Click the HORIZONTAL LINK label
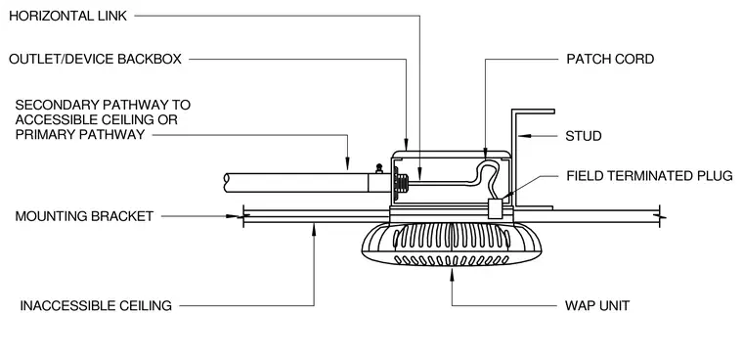68,16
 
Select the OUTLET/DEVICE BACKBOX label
95,60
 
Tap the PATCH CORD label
610,60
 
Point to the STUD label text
584,136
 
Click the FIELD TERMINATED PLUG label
650,176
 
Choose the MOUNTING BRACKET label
84,216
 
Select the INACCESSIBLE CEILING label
96,306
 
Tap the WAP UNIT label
597,305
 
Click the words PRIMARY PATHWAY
80,135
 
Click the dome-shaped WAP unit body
452,244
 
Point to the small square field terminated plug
495,208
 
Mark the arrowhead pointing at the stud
524,136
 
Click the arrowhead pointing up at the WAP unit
452,274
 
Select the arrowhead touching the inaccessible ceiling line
314,229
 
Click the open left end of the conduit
227,183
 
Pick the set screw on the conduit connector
379,168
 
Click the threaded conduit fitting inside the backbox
403,182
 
